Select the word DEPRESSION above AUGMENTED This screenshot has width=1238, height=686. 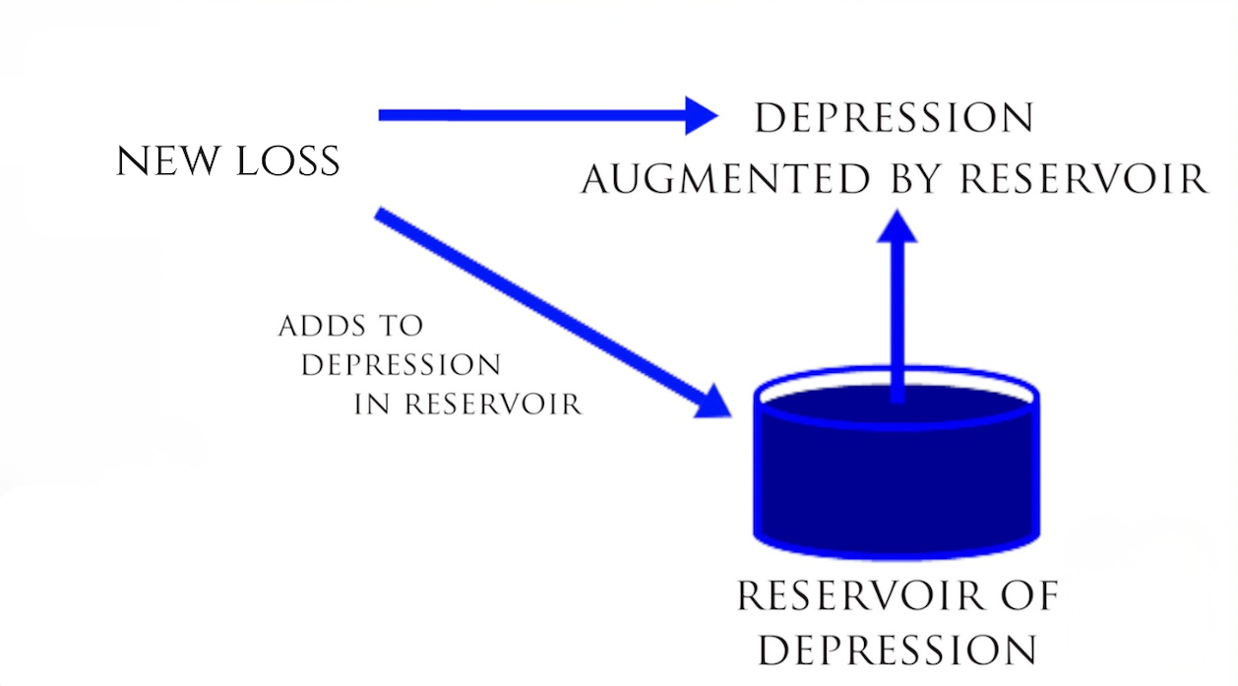tap(894, 118)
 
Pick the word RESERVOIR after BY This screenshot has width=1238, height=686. tap(1083, 179)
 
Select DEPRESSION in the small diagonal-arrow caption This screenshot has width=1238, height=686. tap(401, 365)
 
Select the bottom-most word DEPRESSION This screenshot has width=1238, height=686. tap(897, 650)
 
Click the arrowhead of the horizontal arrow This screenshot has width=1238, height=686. tap(701, 115)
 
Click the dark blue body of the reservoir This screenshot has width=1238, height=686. tap(896, 472)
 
